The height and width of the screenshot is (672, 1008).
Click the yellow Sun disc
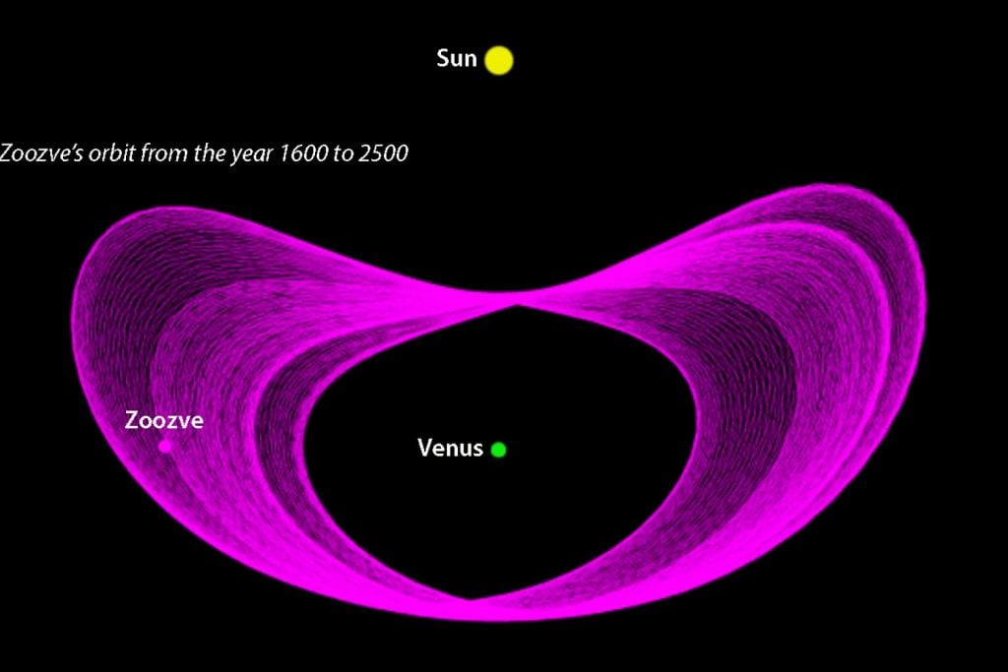pos(499,60)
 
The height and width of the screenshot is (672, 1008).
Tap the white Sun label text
pos(457,58)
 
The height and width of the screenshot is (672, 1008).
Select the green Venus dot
pos(498,450)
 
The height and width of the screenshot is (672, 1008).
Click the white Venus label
pos(450,448)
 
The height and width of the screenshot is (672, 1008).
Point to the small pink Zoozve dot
pos(165,446)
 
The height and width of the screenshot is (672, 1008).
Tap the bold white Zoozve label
pos(164,420)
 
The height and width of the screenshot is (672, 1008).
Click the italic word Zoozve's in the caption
pos(41,153)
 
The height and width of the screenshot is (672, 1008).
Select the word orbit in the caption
pos(112,153)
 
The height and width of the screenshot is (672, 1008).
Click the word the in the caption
pos(206,153)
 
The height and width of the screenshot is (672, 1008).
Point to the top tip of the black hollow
pos(517,306)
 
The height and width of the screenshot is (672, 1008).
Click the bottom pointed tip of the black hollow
pos(471,599)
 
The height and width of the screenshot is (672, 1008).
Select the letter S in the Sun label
pos(443,58)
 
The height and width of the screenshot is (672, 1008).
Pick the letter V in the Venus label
pos(425,448)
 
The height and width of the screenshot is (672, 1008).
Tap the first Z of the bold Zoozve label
pos(131,420)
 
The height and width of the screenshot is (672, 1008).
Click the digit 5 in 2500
pos(377,153)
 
